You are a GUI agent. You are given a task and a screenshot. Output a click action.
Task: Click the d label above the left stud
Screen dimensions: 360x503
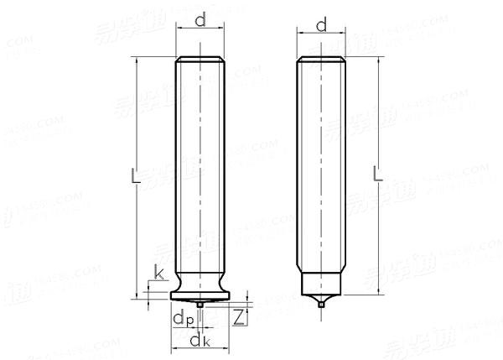201,19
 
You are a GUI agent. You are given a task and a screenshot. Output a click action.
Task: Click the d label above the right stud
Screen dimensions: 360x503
321,26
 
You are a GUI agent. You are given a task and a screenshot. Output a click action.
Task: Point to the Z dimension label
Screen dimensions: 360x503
239,317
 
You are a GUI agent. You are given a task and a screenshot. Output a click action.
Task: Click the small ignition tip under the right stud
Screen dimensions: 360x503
322,304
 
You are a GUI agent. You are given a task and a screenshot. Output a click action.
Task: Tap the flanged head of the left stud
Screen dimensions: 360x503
201,291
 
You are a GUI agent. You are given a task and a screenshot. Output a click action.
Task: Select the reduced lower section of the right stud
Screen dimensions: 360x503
322,282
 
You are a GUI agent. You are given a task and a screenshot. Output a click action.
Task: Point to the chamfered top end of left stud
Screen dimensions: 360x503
201,60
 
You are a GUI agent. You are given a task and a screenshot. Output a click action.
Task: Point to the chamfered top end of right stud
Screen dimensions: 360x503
322,60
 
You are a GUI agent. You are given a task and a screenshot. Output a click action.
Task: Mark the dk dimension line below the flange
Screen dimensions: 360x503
201,348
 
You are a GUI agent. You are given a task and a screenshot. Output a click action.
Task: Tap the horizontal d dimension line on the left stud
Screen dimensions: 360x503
201,29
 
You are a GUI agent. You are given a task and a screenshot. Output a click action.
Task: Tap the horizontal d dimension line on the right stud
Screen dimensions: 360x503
322,35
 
